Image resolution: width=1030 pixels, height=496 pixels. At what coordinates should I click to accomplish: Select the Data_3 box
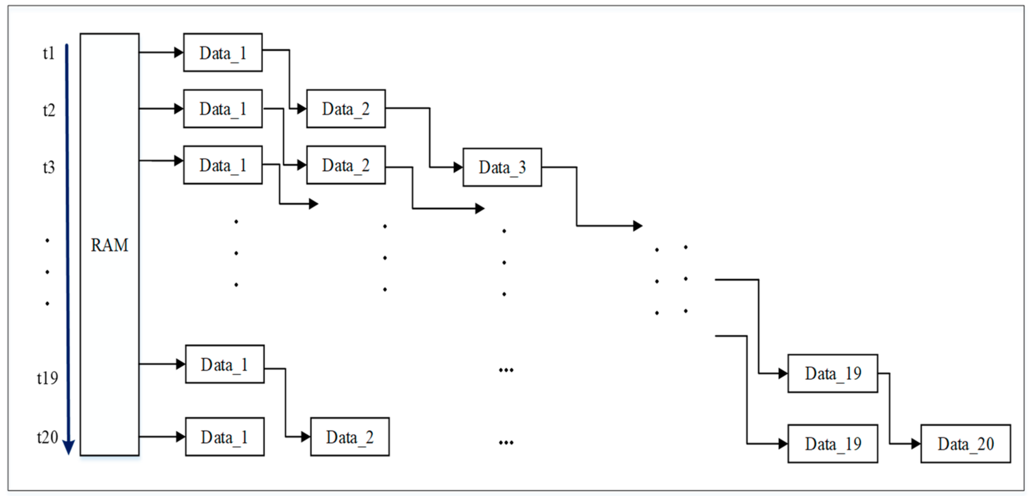(x=502, y=167)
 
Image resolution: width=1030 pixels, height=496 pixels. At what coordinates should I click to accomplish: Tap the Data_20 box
(x=965, y=444)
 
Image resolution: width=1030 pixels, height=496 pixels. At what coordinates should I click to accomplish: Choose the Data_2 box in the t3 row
(x=346, y=165)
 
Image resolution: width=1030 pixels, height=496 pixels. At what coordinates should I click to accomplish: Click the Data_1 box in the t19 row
(x=224, y=364)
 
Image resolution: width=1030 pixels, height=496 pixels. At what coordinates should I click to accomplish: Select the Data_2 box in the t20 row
(x=349, y=437)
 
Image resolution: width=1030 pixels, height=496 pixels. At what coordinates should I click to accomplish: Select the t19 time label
(x=47, y=378)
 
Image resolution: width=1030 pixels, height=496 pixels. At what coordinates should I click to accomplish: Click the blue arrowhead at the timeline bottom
(x=69, y=447)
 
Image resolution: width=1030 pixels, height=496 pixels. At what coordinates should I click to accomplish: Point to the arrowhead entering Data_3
(x=458, y=167)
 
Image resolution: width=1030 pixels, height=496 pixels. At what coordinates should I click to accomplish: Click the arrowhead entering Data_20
(x=916, y=444)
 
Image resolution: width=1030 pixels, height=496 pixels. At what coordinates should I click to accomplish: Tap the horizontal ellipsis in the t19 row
(x=506, y=370)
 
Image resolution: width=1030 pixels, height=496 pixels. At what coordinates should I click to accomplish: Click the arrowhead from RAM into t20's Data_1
(x=181, y=437)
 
